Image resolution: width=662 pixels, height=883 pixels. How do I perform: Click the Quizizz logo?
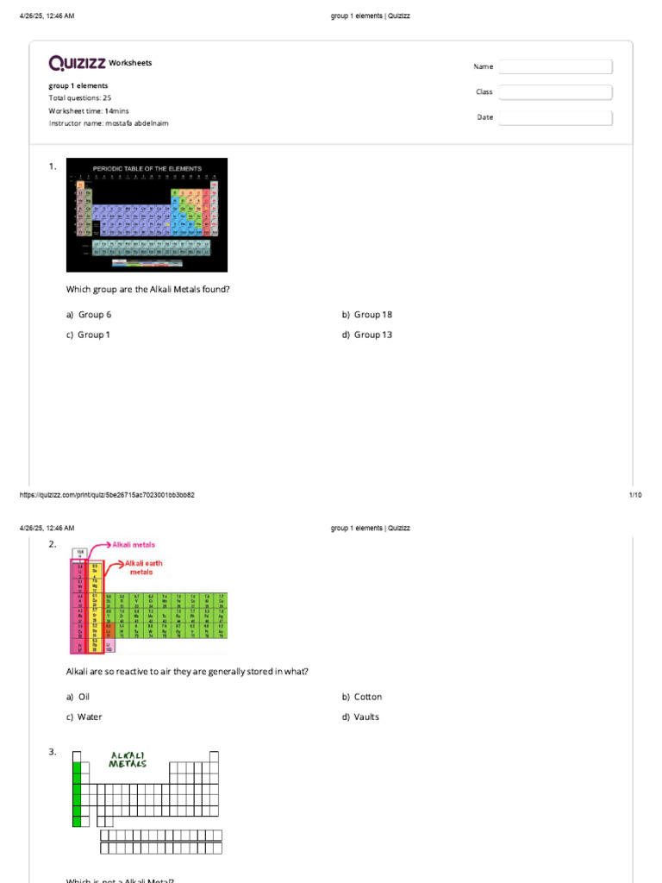78,63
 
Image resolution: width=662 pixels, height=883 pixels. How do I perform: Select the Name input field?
555,66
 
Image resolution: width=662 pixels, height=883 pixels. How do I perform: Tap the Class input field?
555,92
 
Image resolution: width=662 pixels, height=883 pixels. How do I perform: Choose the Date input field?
555,118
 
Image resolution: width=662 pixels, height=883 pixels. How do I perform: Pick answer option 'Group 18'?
372,315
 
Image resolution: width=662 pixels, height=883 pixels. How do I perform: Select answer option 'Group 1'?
93,335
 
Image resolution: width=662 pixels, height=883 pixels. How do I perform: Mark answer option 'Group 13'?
372,335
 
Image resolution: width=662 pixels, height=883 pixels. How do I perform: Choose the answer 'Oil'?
84,697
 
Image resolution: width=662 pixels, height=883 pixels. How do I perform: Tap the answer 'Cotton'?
367,697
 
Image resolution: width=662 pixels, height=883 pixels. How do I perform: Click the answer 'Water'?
90,717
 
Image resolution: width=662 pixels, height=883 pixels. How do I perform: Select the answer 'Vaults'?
366,717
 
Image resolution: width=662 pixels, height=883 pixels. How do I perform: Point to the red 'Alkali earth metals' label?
143,567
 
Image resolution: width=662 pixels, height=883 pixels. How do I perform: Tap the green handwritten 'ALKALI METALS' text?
128,760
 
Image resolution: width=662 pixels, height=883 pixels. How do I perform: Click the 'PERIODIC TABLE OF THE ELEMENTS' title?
147,168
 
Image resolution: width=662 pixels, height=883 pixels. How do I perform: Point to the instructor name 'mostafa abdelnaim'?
137,123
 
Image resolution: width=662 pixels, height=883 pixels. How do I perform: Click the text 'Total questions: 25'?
80,98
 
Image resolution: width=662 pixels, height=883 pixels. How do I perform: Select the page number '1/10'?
635,495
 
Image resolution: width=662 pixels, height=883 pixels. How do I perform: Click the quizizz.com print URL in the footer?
107,495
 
